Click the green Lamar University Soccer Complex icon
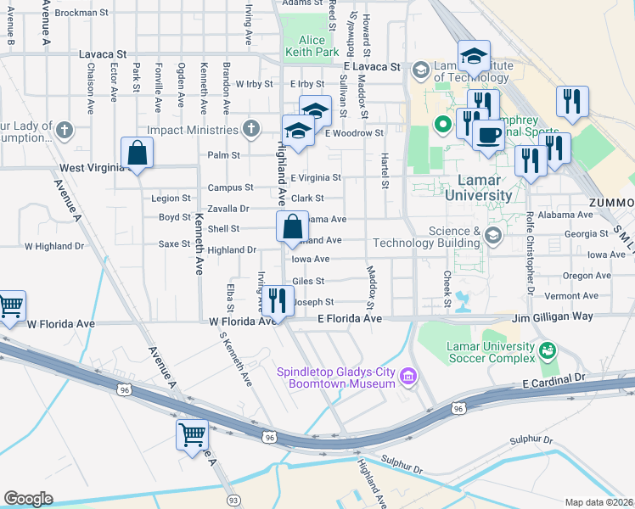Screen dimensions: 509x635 (548, 349)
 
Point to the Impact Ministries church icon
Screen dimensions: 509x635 (250, 130)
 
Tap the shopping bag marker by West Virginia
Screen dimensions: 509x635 (137, 154)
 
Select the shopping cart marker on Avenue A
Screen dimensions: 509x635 (193, 435)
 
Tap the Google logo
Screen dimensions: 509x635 (28, 499)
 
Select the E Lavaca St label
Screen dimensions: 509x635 (371, 66)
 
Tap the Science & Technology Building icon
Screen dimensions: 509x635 (493, 235)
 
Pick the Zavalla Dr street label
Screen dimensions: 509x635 (228, 208)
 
